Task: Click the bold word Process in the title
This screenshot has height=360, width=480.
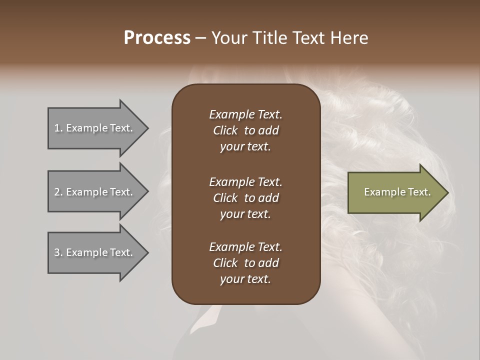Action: pyautogui.click(x=157, y=38)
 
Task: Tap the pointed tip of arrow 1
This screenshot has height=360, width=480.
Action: pyautogui.click(x=147, y=128)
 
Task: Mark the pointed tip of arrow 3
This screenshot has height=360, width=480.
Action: pyautogui.click(x=147, y=252)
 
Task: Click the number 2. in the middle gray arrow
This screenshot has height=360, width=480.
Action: pyautogui.click(x=58, y=192)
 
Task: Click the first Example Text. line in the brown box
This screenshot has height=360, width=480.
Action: pyautogui.click(x=245, y=114)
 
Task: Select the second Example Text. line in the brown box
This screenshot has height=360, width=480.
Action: pyautogui.click(x=245, y=182)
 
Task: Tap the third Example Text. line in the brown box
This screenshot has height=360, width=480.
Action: pyautogui.click(x=245, y=247)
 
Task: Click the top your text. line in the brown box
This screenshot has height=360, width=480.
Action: pyautogui.click(x=245, y=147)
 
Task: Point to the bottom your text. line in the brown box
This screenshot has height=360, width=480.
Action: pyautogui.click(x=245, y=279)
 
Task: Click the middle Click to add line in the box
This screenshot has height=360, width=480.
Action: pyautogui.click(x=245, y=198)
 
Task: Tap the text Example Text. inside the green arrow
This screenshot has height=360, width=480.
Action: pyautogui.click(x=397, y=192)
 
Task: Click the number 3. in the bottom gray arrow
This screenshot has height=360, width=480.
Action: pyautogui.click(x=58, y=252)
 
